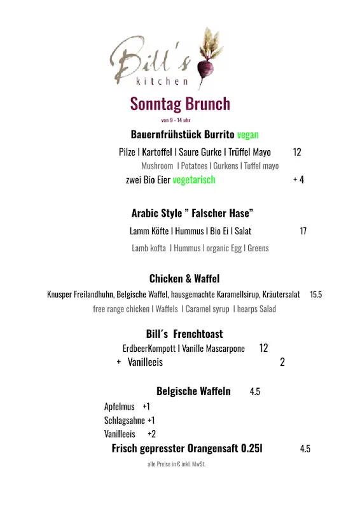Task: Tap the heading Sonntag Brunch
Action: click(180, 104)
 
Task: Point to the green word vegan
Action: click(247, 135)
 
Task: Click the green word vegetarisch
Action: click(193, 179)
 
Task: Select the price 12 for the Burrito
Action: click(297, 152)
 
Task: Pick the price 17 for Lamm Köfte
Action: click(303, 231)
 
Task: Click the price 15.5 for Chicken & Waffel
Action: click(315, 295)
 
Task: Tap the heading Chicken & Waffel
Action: click(184, 279)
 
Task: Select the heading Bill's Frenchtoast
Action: click(184, 334)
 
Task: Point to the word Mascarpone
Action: click(225, 349)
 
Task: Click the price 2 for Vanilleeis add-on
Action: click(282, 362)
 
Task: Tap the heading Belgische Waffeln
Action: click(193, 391)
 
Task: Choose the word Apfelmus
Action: click(120, 406)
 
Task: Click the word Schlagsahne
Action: click(125, 420)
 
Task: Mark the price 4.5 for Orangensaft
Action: click(305, 449)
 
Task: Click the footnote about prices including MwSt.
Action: click(176, 464)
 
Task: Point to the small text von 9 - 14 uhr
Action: click(176, 120)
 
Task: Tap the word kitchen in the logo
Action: click(162, 81)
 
